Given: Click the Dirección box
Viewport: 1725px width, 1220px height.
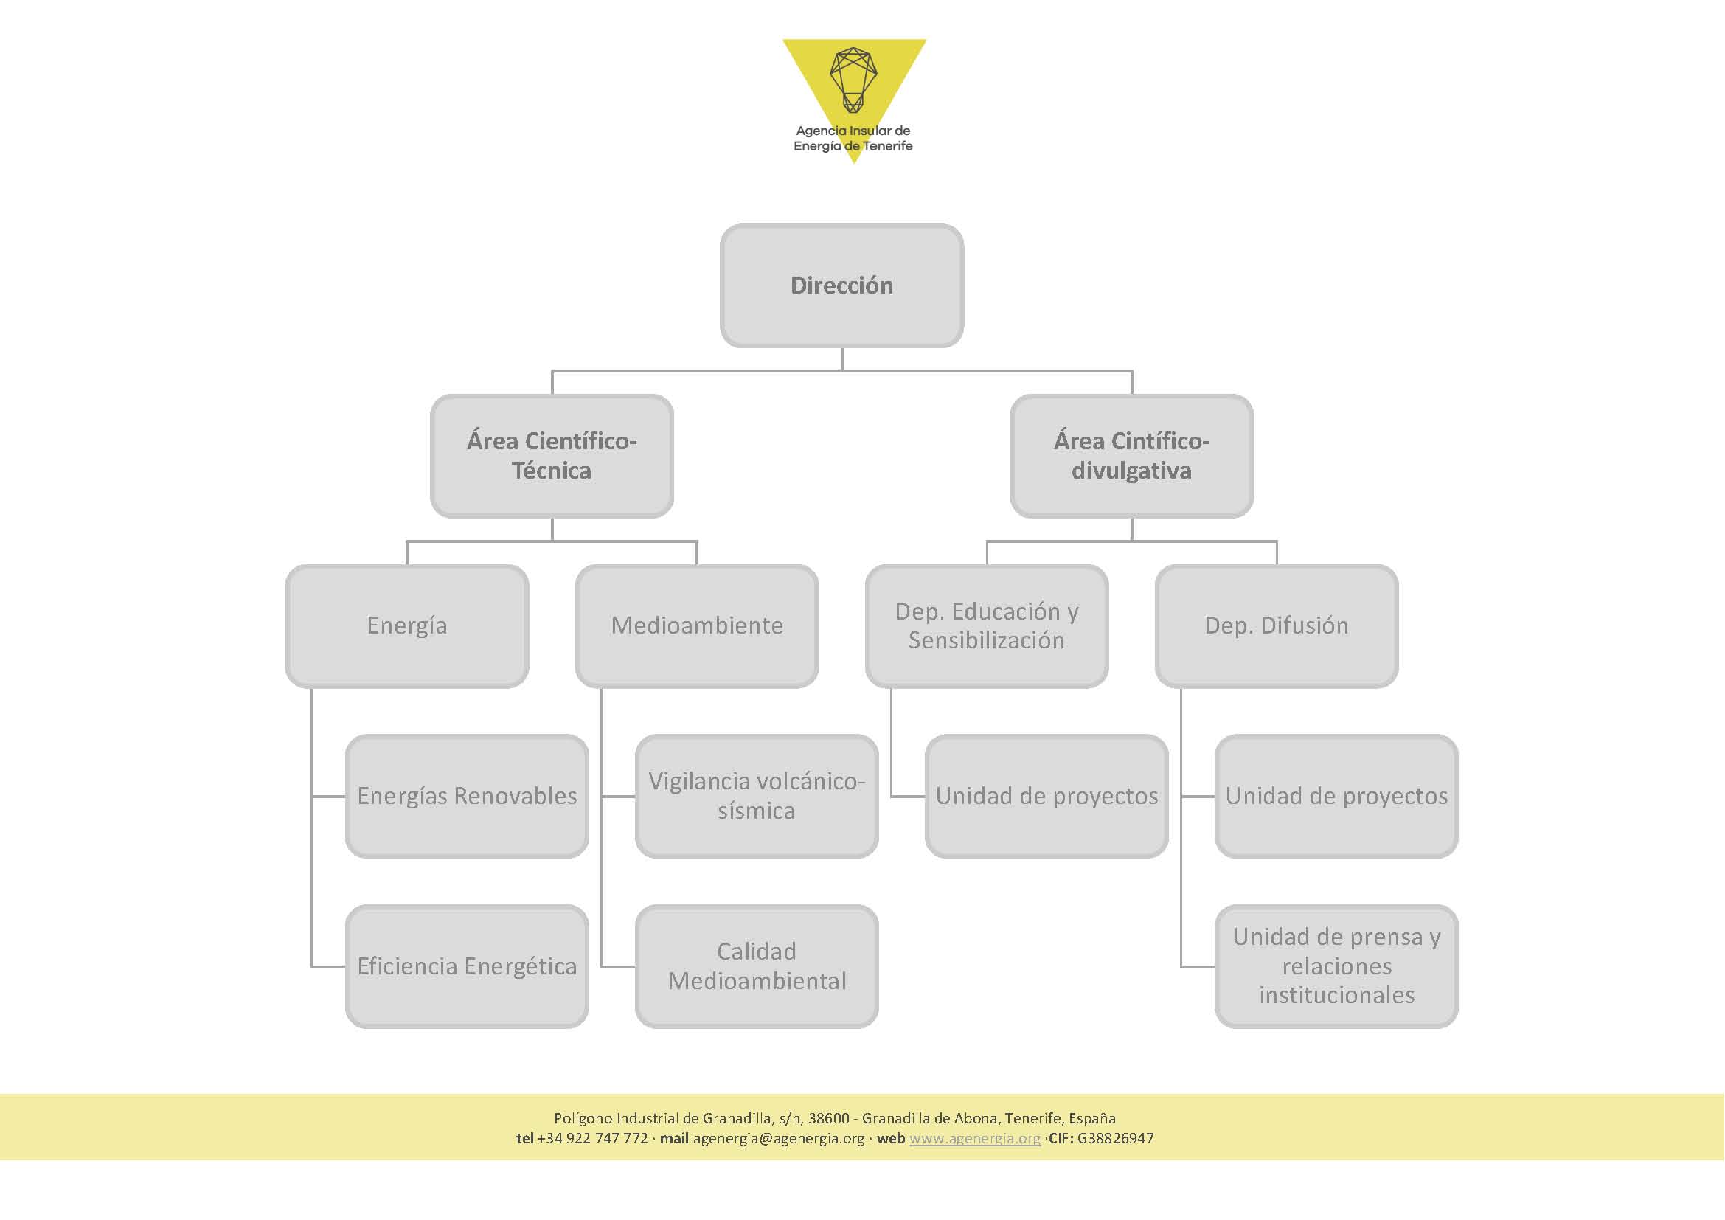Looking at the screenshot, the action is (x=841, y=285).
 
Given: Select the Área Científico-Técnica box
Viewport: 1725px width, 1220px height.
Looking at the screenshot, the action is (x=552, y=456).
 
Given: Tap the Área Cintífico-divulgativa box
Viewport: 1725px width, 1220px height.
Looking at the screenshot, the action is (x=1131, y=456).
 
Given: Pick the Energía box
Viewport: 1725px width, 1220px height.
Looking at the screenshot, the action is (x=406, y=625).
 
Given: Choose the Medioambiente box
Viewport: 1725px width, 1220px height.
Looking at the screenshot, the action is (x=696, y=625).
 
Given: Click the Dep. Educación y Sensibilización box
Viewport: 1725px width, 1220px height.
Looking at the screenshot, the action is (x=987, y=625).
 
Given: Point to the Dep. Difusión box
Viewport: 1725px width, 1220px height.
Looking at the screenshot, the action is (x=1277, y=625).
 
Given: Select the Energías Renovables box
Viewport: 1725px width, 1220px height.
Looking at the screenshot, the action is (x=467, y=797).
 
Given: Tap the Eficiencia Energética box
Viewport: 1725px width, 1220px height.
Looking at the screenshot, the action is (x=467, y=967).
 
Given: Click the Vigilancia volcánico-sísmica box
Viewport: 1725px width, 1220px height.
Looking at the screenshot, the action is (x=757, y=797).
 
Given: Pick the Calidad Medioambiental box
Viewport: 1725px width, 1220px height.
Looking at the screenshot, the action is (x=757, y=967).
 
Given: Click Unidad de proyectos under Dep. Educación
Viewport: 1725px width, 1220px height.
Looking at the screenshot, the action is (x=1047, y=797).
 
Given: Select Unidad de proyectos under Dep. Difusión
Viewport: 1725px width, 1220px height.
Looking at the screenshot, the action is (x=1336, y=797).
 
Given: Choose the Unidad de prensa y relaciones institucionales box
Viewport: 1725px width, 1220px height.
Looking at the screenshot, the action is (x=1336, y=967).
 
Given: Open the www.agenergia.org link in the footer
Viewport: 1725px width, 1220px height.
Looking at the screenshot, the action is (x=975, y=1138).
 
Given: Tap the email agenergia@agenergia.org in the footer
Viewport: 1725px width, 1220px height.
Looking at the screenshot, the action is (x=778, y=1138).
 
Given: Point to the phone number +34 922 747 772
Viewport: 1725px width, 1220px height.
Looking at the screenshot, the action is (x=593, y=1138).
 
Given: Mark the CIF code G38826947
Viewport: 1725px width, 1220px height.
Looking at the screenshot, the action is (x=1116, y=1138).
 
